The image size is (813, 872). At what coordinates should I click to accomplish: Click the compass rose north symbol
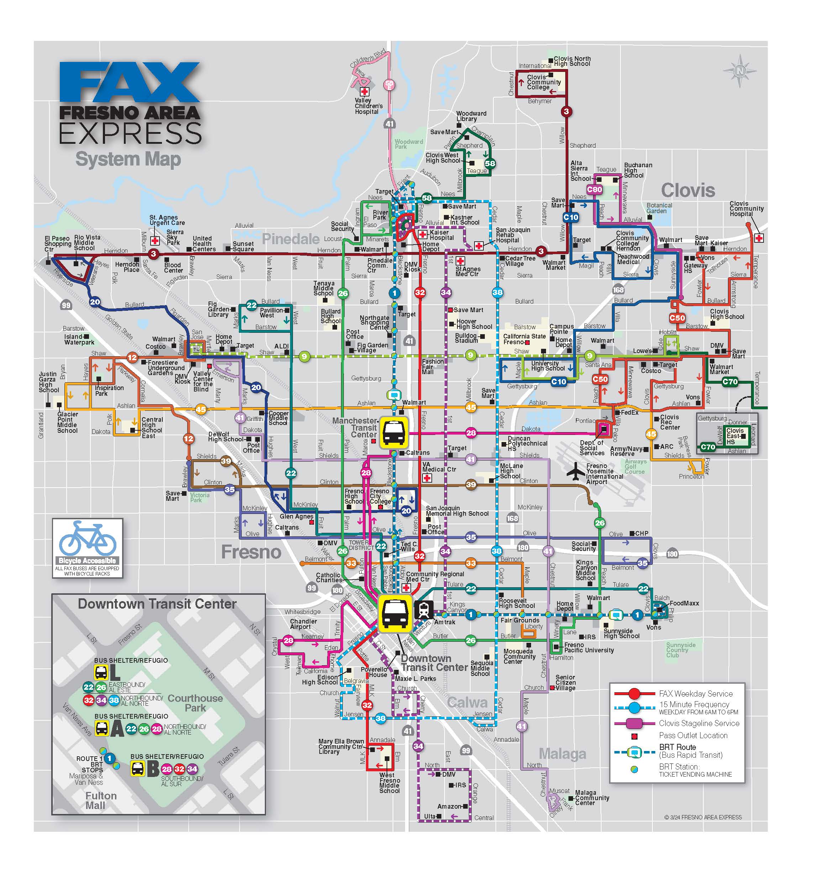[x=739, y=70]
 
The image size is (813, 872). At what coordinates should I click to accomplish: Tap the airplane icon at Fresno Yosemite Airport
[x=576, y=472]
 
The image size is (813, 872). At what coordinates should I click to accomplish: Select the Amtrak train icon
[x=423, y=609]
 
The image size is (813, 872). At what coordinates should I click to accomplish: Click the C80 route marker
[x=594, y=189]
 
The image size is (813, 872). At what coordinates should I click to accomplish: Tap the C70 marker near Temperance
[x=730, y=382]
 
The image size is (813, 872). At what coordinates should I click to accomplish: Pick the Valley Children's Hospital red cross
[x=364, y=92]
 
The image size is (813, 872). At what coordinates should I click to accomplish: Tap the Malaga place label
[x=562, y=753]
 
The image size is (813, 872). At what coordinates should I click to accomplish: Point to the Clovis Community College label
[x=544, y=82]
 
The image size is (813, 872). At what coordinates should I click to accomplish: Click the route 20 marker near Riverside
[x=95, y=302]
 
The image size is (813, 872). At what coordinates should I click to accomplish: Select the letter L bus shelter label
[x=115, y=672]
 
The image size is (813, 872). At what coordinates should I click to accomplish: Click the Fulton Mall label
[x=100, y=800]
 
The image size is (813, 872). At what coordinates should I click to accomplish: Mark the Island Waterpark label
[x=79, y=340]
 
